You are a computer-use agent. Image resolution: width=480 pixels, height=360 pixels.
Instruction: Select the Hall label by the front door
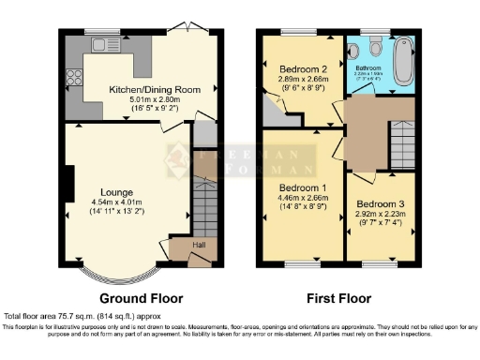point(199,246)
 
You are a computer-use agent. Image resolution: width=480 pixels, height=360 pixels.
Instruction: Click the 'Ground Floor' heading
point(137,299)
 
